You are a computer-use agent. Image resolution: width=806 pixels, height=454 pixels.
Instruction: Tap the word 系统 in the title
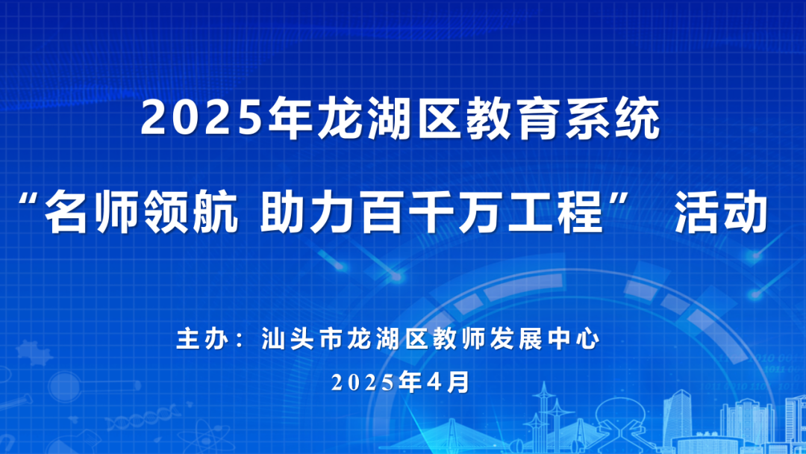pyautogui.click(x=613, y=119)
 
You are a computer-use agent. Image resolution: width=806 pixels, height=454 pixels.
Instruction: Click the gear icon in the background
pyautogui.click(x=34, y=352)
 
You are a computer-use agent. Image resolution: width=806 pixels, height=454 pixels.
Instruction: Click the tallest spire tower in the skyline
pyautogui.click(x=543, y=416)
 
